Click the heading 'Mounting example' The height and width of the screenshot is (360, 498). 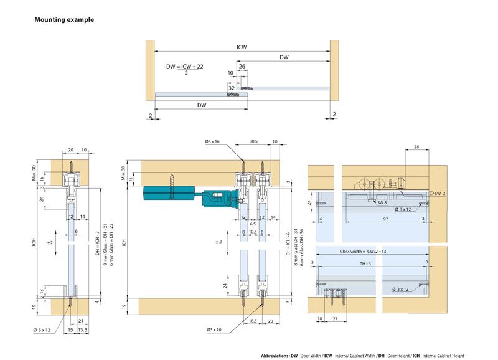point(64,20)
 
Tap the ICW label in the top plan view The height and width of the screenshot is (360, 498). point(241,46)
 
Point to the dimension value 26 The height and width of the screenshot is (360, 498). point(242,66)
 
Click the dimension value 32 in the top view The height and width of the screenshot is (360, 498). point(232,88)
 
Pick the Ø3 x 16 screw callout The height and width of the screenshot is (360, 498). point(213,141)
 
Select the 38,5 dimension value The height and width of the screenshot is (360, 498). point(253,141)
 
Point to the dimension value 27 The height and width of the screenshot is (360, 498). point(334,318)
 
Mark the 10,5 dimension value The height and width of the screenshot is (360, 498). point(253,230)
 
